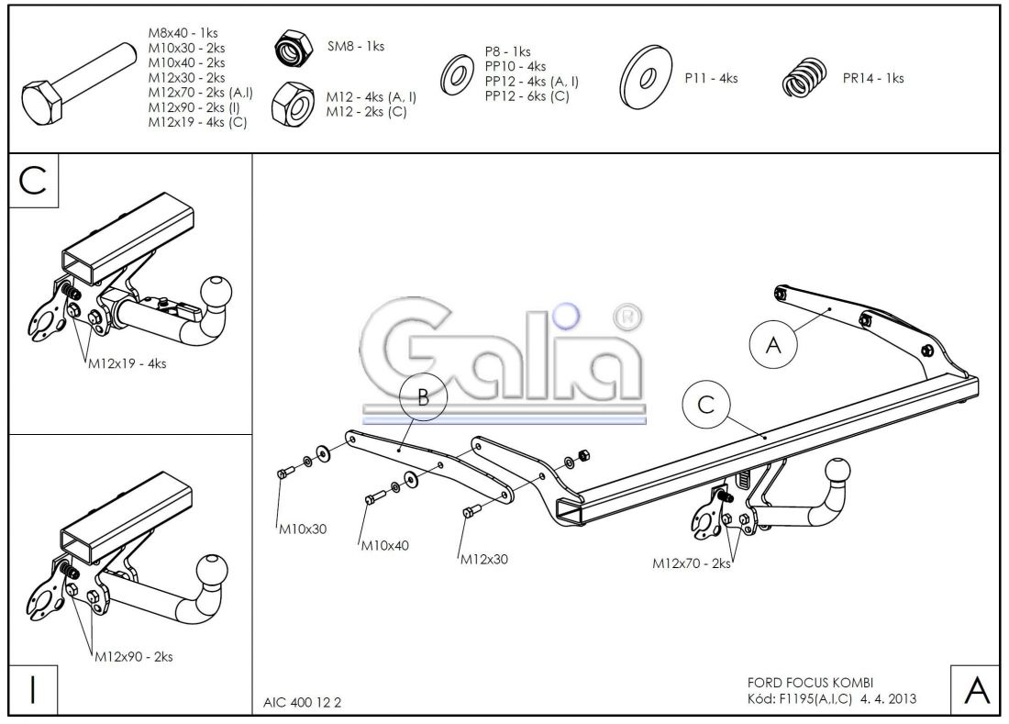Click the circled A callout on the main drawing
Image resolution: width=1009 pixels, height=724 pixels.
pyautogui.click(x=772, y=346)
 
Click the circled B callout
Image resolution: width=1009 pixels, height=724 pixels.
pyautogui.click(x=422, y=398)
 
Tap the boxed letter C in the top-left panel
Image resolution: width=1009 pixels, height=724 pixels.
pyautogui.click(x=33, y=180)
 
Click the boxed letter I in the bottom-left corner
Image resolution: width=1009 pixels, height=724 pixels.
pyautogui.click(x=33, y=689)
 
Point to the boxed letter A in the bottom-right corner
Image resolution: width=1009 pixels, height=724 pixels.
pyautogui.click(x=976, y=689)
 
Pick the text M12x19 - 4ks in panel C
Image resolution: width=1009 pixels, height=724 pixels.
pyautogui.click(x=127, y=362)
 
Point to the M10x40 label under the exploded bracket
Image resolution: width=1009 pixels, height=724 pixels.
pyautogui.click(x=385, y=545)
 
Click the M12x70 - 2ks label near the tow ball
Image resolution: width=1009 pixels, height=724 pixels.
pyautogui.click(x=692, y=563)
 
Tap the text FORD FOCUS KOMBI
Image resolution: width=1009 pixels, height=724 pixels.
pyautogui.click(x=811, y=683)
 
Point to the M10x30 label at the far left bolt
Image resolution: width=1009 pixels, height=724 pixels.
pyautogui.click(x=303, y=529)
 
